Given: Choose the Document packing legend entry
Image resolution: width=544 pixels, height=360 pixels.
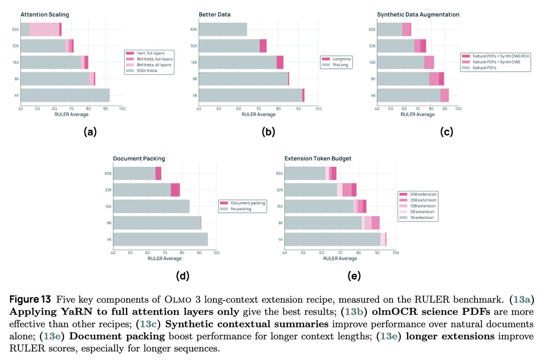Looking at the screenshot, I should pyautogui.click(x=243, y=203).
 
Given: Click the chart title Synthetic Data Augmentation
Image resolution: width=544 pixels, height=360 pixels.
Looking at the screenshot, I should pyautogui.click(x=418, y=15).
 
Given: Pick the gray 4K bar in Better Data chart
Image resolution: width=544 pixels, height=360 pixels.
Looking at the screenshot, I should pyautogui.click(x=250, y=95).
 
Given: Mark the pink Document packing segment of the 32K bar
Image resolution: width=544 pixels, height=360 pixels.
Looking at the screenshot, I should pyautogui.click(x=175, y=190).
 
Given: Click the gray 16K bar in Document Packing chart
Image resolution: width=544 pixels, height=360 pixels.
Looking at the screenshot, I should pyautogui.click(x=151, y=206).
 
